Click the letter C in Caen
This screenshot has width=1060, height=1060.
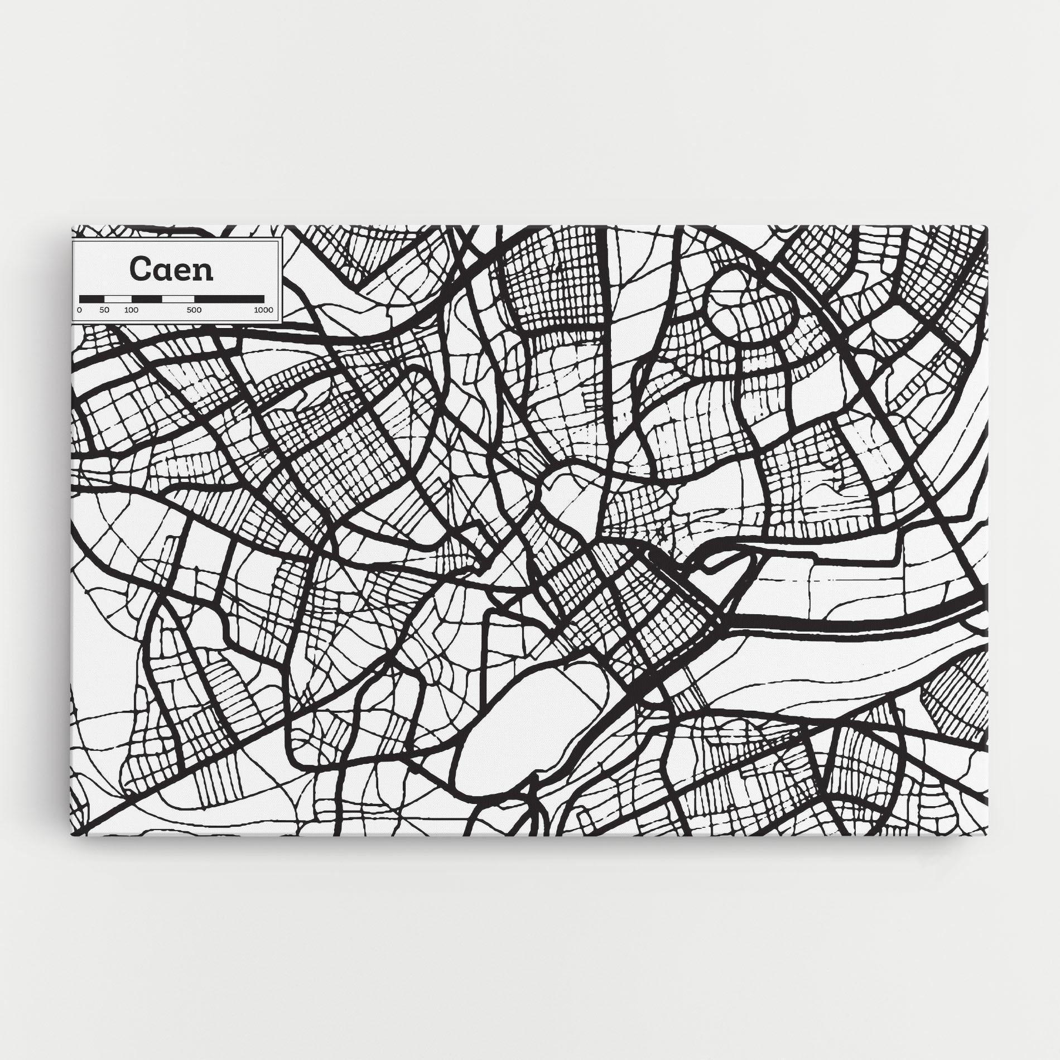click(139, 269)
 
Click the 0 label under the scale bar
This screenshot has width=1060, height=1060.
click(79, 310)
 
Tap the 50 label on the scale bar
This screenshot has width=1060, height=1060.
click(104, 310)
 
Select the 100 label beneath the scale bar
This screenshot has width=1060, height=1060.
click(131, 310)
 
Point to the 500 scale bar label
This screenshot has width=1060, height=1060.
click(194, 310)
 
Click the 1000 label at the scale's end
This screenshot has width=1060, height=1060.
click(263, 310)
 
